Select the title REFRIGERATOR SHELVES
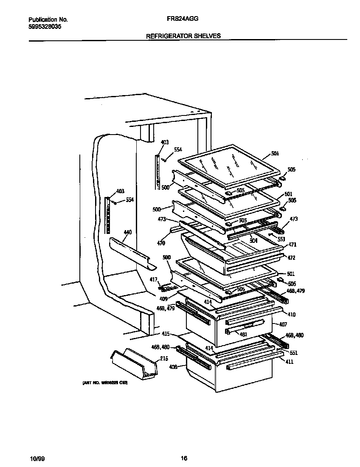pos(183,36)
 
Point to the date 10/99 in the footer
pos(37,459)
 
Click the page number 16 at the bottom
pos(183,458)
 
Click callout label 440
pos(127,233)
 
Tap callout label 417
pos(154,279)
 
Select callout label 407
pos(283,324)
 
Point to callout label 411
pos(290,362)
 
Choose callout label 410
pos(292,315)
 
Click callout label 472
pos(292,258)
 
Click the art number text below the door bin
pos(104,382)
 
